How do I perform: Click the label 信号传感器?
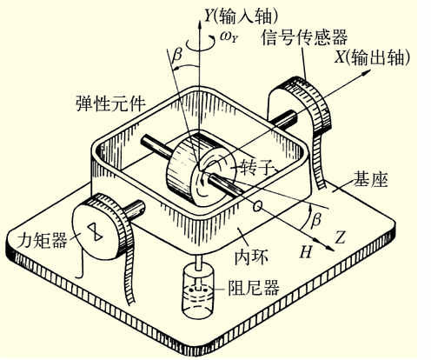(304, 37)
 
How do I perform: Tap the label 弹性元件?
(110, 103)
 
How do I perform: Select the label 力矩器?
(42, 240)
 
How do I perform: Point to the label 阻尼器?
(254, 288)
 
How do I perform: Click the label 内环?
(251, 257)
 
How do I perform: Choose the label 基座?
(370, 179)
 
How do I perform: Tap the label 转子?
(255, 167)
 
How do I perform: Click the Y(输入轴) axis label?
(241, 16)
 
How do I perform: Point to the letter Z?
(340, 237)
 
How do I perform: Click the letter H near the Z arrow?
(306, 251)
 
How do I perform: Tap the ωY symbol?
(229, 37)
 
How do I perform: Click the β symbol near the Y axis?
(176, 56)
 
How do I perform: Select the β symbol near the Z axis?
(316, 219)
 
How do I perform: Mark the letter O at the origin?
(256, 206)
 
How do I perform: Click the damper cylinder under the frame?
(198, 290)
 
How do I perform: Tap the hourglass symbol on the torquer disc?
(96, 231)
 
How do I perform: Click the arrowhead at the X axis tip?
(367, 72)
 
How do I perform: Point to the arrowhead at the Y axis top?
(200, 24)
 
